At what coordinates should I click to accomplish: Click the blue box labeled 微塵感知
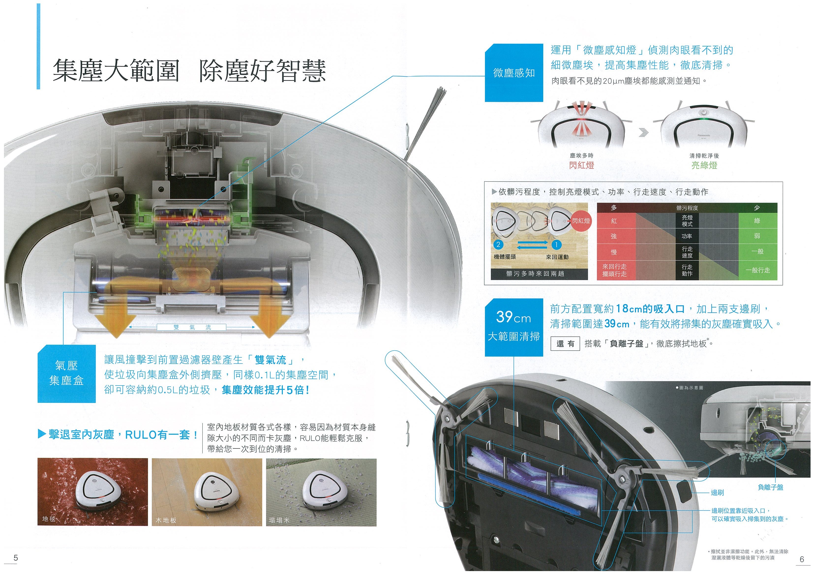point(514,73)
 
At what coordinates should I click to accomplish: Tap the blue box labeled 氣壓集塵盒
point(67,374)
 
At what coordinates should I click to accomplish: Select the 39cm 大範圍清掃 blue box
point(514,327)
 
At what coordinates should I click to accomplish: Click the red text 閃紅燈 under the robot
point(581,165)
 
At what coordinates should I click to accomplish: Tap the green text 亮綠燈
point(704,165)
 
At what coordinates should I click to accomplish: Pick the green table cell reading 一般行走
point(758,270)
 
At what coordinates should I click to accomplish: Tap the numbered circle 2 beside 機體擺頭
point(498,244)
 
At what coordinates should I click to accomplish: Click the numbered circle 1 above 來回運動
point(556,244)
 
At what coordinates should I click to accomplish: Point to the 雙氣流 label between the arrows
point(192,327)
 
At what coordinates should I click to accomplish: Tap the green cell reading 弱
point(758,236)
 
